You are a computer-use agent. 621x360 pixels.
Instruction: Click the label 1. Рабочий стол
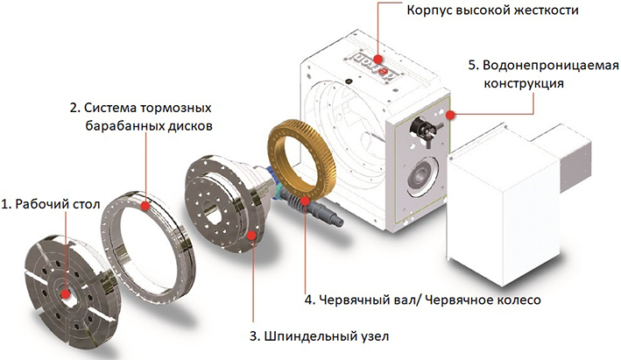pos(51,204)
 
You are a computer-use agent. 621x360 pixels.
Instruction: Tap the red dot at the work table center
pos(66,294)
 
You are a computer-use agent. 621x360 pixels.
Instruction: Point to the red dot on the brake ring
pos(145,206)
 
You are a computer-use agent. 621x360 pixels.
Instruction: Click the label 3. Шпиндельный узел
pos(320,336)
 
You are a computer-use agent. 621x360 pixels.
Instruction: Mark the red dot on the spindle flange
pos(251,236)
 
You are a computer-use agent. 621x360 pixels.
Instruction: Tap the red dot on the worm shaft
pos(305,201)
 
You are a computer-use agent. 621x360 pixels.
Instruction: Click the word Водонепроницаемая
pos(551,66)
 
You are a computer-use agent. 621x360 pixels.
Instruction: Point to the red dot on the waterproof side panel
pos(450,115)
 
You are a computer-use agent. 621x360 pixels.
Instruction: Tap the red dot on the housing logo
pos(378,59)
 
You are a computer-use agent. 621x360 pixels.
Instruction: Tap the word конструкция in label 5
pos(524,83)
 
